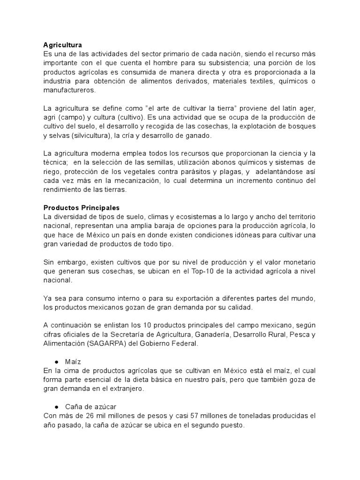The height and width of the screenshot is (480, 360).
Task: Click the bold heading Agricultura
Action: click(x=62, y=45)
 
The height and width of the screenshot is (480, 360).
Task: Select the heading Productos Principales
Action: click(x=82, y=208)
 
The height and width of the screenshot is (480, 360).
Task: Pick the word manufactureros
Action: click(x=69, y=90)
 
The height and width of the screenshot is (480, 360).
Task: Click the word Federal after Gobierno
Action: click(x=187, y=344)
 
